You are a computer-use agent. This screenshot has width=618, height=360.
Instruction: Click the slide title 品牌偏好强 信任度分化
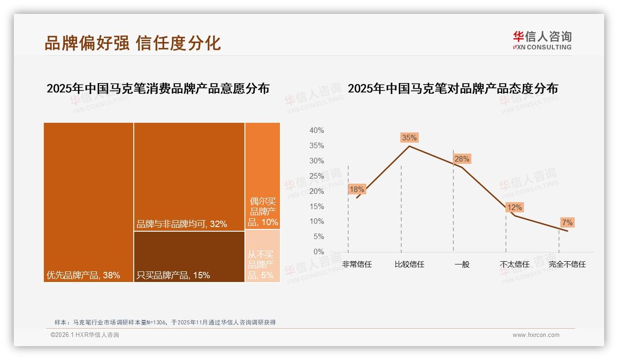[x=133, y=43]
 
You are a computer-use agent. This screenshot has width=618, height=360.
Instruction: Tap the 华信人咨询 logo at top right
[x=542, y=40]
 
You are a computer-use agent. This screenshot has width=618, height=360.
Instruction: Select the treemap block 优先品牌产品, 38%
[x=89, y=202]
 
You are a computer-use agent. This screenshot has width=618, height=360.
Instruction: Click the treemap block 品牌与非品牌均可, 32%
[x=189, y=176]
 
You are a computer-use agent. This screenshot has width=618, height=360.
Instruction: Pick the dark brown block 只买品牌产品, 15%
[x=189, y=257]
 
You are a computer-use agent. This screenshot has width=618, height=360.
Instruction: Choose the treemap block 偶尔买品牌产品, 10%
[x=263, y=176]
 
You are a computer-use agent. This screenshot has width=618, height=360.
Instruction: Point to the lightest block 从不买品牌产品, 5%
[x=263, y=256]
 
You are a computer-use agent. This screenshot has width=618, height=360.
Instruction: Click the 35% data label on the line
[x=409, y=138]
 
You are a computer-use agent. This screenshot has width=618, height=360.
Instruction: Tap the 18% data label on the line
[x=357, y=189]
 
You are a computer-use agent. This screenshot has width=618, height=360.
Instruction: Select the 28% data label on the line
[x=462, y=159]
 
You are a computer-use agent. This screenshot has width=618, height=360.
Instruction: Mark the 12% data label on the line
[x=514, y=208]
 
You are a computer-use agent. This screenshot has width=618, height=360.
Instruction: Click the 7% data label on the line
[x=567, y=223]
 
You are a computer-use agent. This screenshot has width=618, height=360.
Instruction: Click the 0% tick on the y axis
[x=318, y=252]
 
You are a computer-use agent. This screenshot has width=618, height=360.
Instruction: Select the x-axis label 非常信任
[x=357, y=264]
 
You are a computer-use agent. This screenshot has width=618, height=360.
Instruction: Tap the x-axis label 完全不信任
[x=567, y=264]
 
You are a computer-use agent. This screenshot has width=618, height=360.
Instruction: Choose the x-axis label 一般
[x=462, y=264]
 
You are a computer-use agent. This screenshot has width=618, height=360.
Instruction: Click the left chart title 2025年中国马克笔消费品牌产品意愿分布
[x=158, y=89]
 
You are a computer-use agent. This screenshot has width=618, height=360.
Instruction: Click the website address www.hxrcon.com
[x=536, y=335]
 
